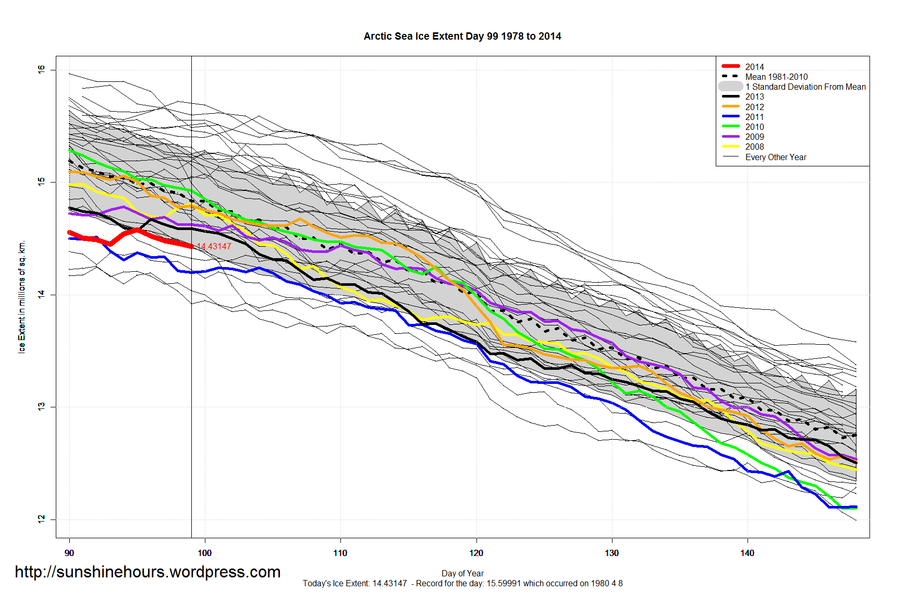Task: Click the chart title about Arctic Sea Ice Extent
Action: tap(462, 36)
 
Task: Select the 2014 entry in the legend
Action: tap(754, 67)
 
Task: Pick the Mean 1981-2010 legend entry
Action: tap(776, 77)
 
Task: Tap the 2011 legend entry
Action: tap(754, 117)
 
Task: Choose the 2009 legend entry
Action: tap(754, 137)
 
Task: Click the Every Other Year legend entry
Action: tap(775, 157)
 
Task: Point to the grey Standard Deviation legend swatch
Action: tap(730, 87)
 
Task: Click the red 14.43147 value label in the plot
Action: tap(214, 246)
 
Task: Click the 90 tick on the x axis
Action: tap(69, 553)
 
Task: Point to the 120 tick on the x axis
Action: tap(476, 553)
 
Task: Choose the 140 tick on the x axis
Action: tap(747, 553)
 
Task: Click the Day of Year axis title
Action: tap(462, 573)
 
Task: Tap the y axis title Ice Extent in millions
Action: tap(22, 296)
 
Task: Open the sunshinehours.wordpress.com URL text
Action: tap(148, 572)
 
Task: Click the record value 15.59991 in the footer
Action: tap(504, 583)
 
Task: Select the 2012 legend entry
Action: tap(754, 107)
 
